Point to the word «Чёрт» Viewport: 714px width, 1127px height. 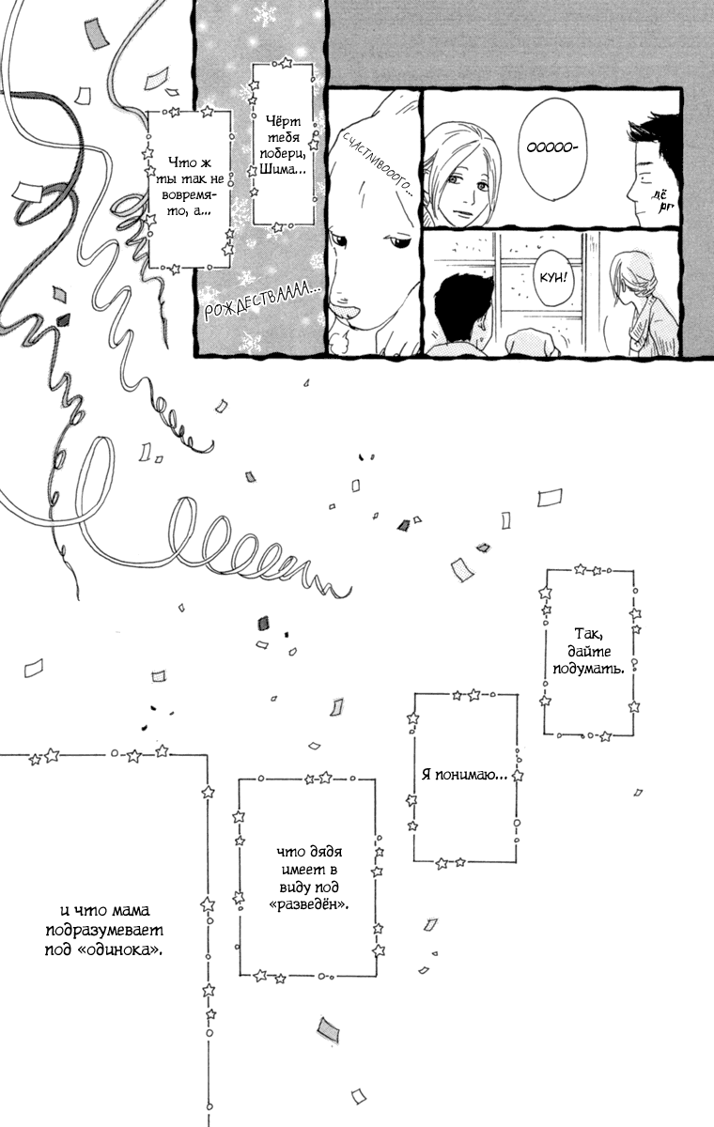click(x=284, y=121)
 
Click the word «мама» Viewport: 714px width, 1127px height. click(x=130, y=911)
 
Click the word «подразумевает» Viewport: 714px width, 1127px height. click(x=104, y=931)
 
